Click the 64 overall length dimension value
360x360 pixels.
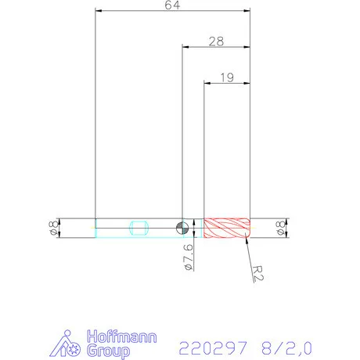click(171, 5)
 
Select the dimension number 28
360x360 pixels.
click(216, 39)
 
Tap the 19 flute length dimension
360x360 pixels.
click(227, 77)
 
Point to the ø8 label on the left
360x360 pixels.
click(52, 228)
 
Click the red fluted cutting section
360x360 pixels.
click(227, 228)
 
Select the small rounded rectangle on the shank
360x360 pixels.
click(140, 228)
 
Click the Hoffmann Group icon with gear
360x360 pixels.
click(70, 344)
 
